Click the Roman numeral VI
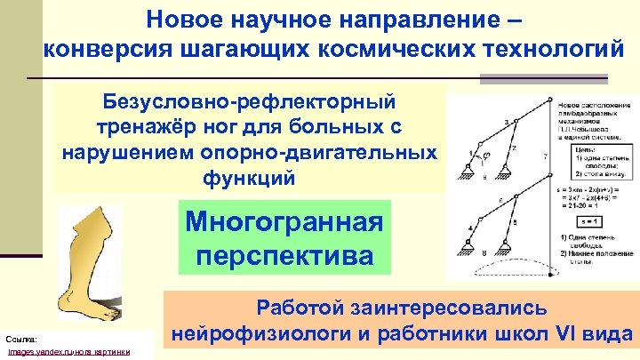click(x=562, y=336)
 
